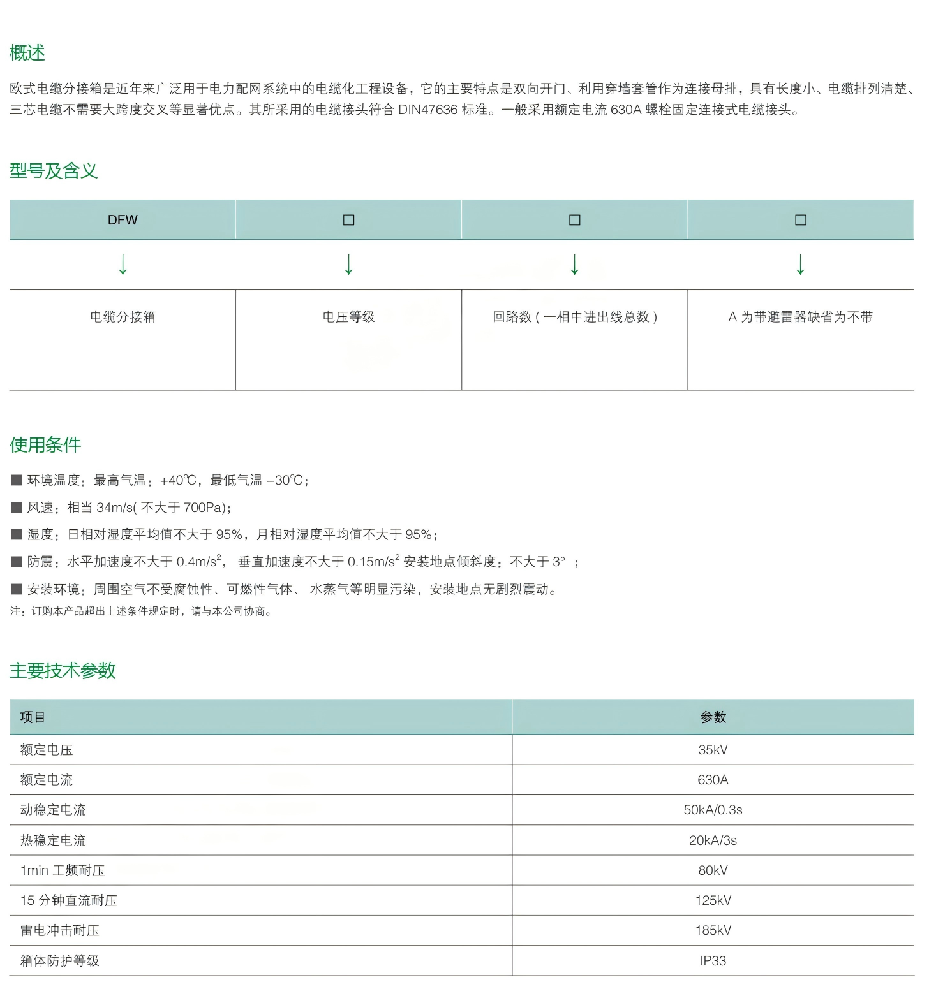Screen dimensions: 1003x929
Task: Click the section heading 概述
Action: click(x=27, y=53)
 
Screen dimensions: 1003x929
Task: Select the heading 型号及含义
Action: click(x=54, y=171)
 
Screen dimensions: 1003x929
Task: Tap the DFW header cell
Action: click(x=123, y=220)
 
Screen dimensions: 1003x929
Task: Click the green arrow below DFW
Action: click(x=123, y=264)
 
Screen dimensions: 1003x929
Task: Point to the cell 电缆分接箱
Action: click(x=123, y=317)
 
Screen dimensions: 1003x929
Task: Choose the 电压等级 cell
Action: click(x=348, y=317)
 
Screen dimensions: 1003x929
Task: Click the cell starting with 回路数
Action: click(x=574, y=317)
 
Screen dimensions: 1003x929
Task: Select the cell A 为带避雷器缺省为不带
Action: click(x=800, y=317)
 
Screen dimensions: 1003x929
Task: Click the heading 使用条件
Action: click(x=45, y=445)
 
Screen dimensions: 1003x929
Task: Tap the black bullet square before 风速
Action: click(x=17, y=508)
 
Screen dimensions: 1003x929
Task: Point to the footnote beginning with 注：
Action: click(x=141, y=611)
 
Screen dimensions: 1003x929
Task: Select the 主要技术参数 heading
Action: click(x=63, y=671)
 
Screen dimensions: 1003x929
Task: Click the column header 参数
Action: click(x=713, y=717)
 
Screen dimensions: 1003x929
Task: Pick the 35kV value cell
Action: click(x=713, y=750)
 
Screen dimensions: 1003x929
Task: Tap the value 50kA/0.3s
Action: click(x=713, y=810)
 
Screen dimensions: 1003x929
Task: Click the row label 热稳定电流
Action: click(x=53, y=840)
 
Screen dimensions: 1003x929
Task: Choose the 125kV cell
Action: click(x=713, y=900)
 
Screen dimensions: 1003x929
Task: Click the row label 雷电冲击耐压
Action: click(x=60, y=930)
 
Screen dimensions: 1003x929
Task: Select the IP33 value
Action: click(x=713, y=961)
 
